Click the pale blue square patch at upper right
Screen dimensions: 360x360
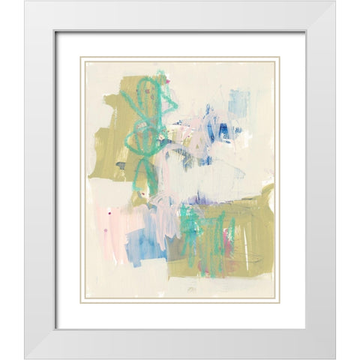238,102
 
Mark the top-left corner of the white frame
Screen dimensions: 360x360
25,2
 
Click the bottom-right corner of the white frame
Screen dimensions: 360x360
335,357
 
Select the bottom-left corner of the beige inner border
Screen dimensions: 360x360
82,301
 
